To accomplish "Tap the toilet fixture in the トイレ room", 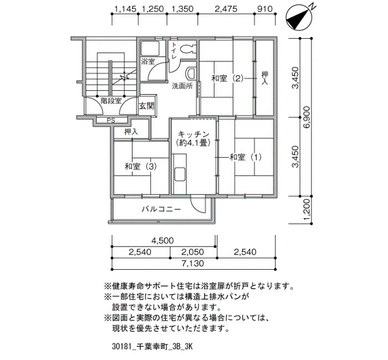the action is point(188,49).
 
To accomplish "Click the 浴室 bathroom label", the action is point(148,61).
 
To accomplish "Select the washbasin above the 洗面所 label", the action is point(191,73).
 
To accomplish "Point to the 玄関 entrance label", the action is point(146,106).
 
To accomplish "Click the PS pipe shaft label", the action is point(111,120).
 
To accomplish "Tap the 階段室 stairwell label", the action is point(111,101).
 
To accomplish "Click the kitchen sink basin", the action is point(180,174).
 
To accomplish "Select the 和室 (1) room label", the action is point(246,157).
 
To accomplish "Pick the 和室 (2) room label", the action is point(227,79).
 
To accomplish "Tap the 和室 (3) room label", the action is point(141,166).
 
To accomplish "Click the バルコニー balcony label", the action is point(161,209).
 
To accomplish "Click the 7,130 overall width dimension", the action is point(193,263).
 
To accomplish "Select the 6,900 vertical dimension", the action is point(307,117).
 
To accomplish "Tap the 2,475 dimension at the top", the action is point(226,9).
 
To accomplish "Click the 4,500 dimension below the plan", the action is point(162,240).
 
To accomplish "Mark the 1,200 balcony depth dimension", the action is point(307,210).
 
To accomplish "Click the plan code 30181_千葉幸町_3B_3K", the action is point(152,346).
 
